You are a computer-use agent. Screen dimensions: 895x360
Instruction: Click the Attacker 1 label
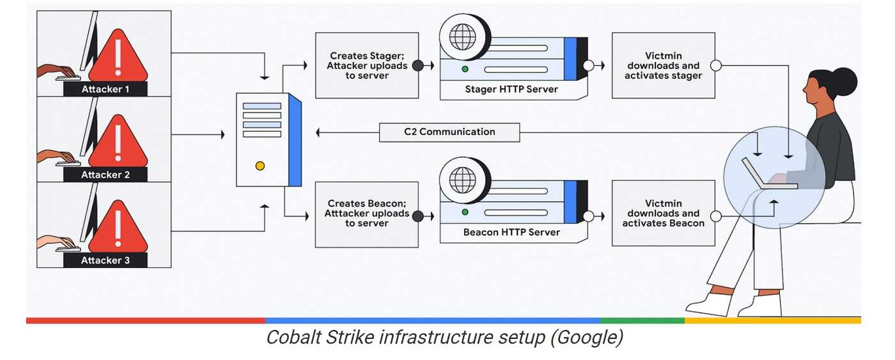coord(105,89)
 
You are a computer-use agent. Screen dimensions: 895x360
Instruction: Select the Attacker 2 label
coord(105,175)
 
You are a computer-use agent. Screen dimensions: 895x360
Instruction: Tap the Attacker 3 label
coord(105,260)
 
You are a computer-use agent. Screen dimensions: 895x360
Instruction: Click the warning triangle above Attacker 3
coord(118,226)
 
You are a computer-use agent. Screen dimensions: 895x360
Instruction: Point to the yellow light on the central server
coord(260,166)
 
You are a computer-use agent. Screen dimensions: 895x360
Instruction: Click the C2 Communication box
coord(449,132)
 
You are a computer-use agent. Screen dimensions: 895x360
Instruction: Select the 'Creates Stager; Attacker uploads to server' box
coord(367,65)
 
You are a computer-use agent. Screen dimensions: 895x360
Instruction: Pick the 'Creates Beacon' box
coord(367,215)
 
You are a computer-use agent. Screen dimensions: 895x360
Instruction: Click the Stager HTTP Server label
coord(511,89)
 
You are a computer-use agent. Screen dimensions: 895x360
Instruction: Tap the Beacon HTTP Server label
coord(511,232)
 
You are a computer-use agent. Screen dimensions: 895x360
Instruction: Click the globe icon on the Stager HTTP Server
coord(463,36)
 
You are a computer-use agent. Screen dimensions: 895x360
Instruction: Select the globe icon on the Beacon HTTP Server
coord(463,180)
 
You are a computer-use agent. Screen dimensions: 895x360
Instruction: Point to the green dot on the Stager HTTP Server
coord(465,69)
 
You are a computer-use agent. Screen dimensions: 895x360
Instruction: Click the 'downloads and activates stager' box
coord(664,65)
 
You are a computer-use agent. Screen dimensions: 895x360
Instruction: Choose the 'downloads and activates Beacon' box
coord(664,213)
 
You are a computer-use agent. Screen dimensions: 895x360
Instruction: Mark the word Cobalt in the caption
coord(293,337)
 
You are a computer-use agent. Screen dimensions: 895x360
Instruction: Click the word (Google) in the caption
coord(587,338)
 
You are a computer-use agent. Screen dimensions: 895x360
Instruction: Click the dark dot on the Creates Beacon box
coord(418,216)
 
